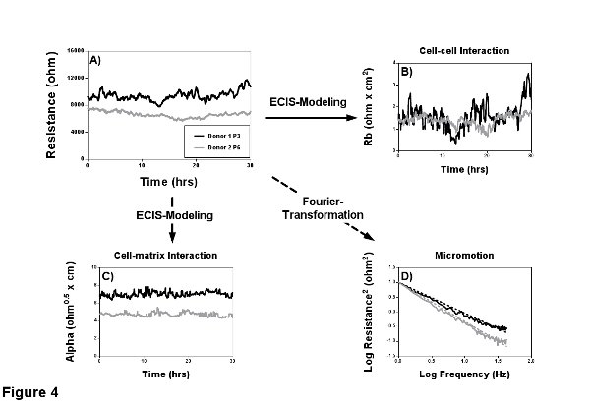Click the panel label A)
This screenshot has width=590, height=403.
click(x=95, y=60)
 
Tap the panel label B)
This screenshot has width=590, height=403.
click(x=403, y=71)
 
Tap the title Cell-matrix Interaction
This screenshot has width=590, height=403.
click(x=162, y=255)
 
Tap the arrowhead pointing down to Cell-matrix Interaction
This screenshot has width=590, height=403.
click(x=172, y=236)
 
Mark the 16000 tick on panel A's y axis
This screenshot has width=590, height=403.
click(x=75, y=49)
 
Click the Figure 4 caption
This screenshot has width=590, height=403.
click(x=30, y=392)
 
